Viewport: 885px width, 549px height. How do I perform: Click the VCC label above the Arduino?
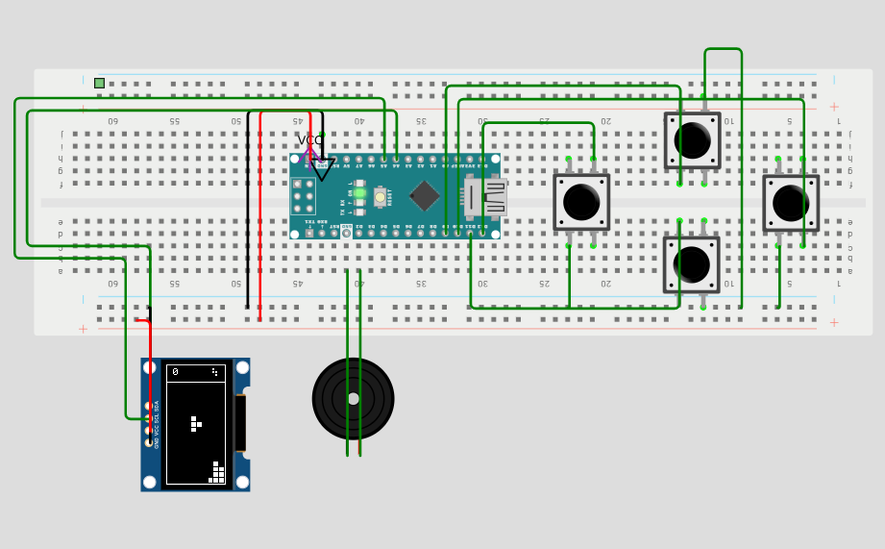click(310, 140)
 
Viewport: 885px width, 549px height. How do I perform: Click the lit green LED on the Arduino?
click(359, 193)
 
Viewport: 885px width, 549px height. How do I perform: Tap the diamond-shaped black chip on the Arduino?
click(424, 196)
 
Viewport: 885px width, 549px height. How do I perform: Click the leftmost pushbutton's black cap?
click(581, 202)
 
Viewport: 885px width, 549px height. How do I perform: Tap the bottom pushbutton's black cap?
click(691, 264)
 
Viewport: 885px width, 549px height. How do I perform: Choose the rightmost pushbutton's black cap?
click(791, 203)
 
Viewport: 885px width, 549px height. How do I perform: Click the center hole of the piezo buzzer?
click(353, 398)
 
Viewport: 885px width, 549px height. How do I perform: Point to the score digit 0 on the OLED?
click(175, 372)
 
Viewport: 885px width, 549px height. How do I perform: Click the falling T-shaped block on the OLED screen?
click(195, 423)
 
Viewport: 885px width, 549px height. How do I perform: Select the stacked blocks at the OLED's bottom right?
click(217, 473)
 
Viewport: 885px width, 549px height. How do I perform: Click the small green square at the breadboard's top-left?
click(99, 84)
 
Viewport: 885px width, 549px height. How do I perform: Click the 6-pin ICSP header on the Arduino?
click(303, 196)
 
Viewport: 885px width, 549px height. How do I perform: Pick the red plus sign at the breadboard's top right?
click(833, 107)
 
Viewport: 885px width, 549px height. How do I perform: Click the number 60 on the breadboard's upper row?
click(112, 121)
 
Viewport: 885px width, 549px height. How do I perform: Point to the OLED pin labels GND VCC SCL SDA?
click(157, 424)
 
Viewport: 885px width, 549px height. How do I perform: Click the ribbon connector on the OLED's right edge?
click(240, 423)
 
